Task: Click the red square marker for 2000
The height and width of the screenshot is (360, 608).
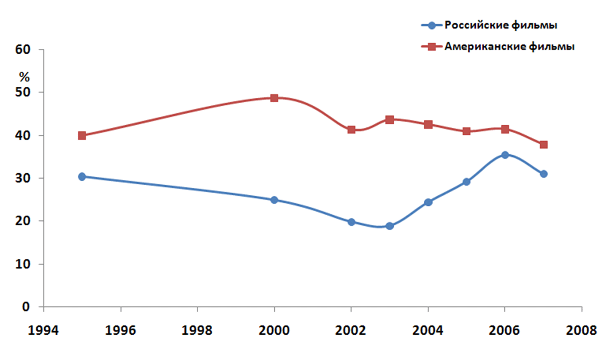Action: [x=274, y=98]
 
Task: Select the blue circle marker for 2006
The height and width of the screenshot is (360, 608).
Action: [x=505, y=155]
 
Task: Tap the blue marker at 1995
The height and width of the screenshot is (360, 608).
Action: [x=82, y=176]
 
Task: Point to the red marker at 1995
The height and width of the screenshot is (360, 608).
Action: [x=82, y=135]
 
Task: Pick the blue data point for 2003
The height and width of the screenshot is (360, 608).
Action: [x=390, y=226]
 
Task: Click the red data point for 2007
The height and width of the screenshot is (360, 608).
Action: [x=543, y=144]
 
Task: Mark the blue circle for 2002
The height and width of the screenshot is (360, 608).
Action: [x=351, y=222]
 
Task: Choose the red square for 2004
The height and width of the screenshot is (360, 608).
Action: [x=428, y=125]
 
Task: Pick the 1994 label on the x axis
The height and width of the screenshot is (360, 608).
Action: [x=44, y=331]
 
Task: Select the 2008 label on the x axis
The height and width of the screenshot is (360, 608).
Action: [x=582, y=331]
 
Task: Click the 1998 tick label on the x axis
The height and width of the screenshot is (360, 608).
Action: [x=197, y=331]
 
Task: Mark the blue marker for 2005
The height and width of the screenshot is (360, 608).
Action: [x=466, y=182]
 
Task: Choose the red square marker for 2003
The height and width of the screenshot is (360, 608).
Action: [x=390, y=119]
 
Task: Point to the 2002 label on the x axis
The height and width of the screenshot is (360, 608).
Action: [x=351, y=331]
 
